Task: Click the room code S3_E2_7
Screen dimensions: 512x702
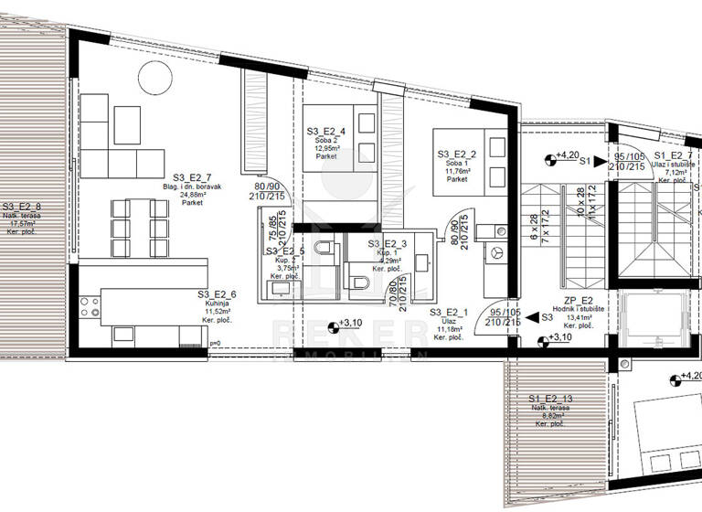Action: [192, 178]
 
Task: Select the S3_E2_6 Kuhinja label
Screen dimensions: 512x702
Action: [217, 293]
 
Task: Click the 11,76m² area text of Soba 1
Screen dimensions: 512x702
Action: [458, 171]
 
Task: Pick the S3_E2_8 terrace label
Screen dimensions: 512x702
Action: [21, 207]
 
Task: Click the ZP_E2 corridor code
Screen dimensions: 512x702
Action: [579, 299]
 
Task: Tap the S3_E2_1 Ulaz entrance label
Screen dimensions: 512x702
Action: [449, 313]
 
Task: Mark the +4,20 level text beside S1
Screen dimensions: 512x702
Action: [569, 155]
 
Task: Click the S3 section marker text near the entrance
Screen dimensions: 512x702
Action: [547, 318]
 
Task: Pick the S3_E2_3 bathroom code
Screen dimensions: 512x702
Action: [388, 243]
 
